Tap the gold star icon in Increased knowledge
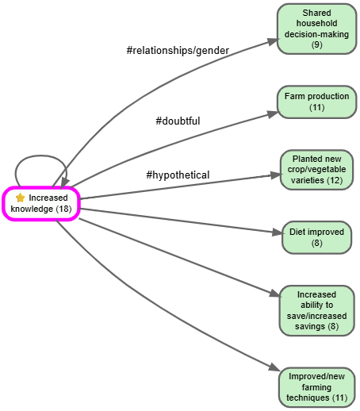pos(21,198)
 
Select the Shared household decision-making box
pos(316,29)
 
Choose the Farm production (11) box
pos(316,102)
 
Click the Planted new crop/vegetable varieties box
pos(316,170)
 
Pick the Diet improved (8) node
pos(316,237)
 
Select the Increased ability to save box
pos(316,309)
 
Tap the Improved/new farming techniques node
pos(316,386)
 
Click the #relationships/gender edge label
pos(178,51)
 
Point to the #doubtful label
pos(178,121)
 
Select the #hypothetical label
pos(178,175)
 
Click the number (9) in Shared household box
pos(316,45)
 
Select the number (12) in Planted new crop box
pos(334,180)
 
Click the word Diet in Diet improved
pos(298,232)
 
